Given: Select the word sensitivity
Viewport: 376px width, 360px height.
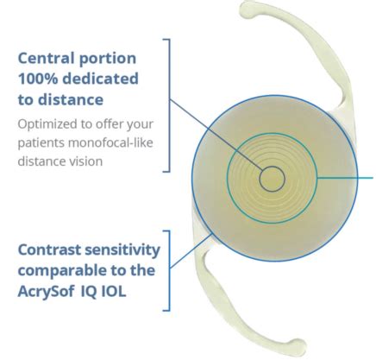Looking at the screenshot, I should (125, 250).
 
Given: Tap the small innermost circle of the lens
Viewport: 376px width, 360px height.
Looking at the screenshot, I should (272, 179).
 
